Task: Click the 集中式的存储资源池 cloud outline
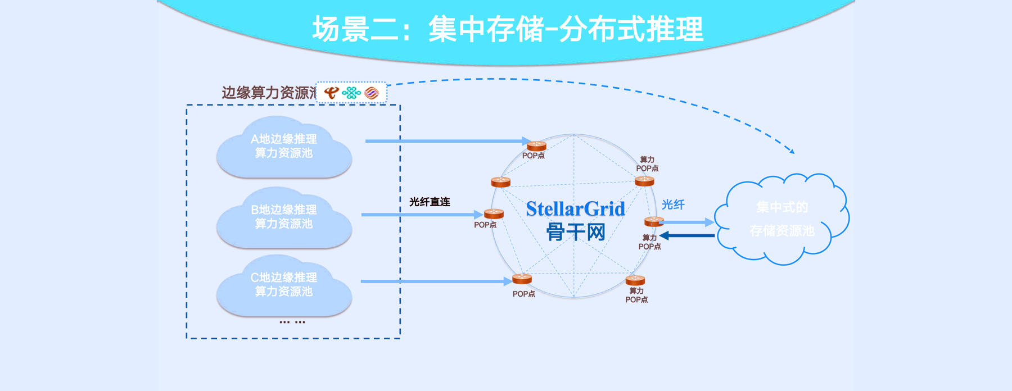(x=781, y=219)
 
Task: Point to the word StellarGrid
(x=575, y=209)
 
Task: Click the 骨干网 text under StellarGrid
(x=575, y=231)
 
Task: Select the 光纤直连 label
(x=430, y=202)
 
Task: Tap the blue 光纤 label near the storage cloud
(x=673, y=204)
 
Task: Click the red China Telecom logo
(x=332, y=93)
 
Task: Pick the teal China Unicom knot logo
(x=351, y=93)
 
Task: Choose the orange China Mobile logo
(x=372, y=93)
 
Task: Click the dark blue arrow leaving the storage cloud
(x=687, y=235)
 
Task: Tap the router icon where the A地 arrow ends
(x=536, y=146)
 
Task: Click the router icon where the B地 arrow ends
(x=494, y=213)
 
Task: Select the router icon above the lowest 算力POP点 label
(x=635, y=280)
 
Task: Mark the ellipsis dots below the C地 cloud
(x=292, y=322)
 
